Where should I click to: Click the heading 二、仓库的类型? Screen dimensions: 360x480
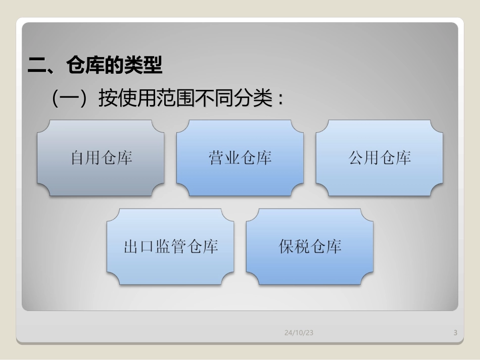[x=95, y=66]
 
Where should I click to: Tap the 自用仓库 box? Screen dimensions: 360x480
[x=101, y=158]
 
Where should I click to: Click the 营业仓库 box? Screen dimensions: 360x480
[x=240, y=158]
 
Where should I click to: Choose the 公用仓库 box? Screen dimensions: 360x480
[x=379, y=158]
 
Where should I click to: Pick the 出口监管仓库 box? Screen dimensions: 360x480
[x=170, y=247]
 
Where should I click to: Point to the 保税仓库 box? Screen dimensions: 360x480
[x=310, y=247]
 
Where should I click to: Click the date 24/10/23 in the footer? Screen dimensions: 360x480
[x=299, y=332]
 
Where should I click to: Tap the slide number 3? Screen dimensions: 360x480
[x=455, y=332]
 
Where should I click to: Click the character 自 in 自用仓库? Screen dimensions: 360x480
[x=78, y=158]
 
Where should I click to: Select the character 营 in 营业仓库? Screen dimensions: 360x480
[x=217, y=158]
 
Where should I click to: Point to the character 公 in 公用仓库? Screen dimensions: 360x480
[x=356, y=158]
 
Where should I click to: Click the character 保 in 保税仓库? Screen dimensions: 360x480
[x=286, y=247]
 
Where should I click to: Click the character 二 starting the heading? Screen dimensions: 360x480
[x=36, y=66]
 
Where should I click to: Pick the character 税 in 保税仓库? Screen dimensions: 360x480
[x=302, y=247]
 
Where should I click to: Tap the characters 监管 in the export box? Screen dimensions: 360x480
[x=170, y=247]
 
